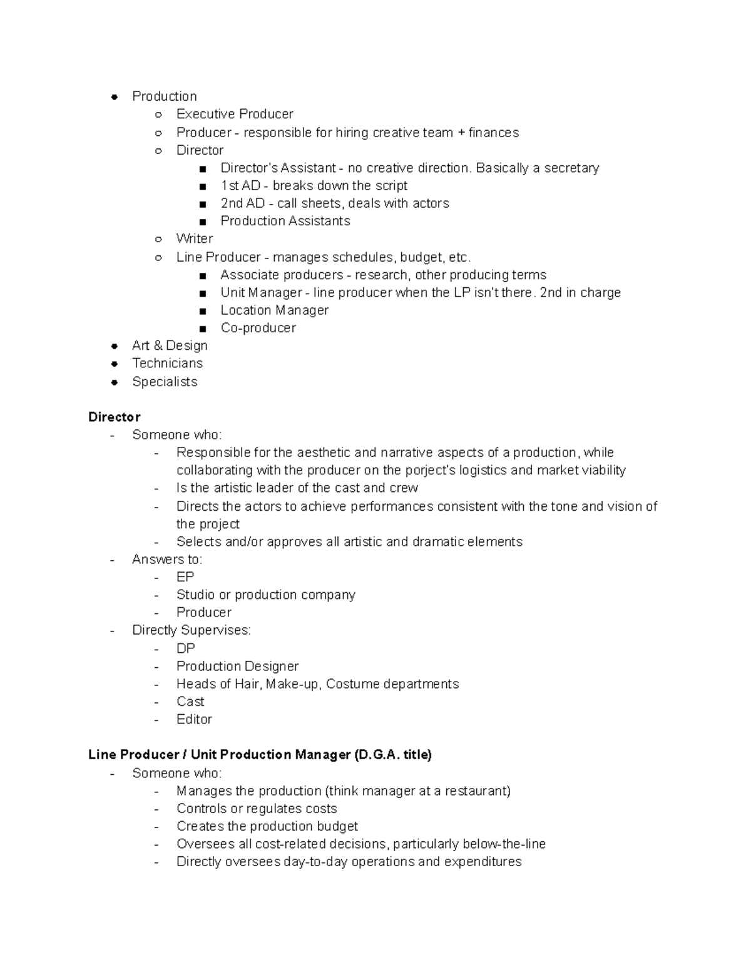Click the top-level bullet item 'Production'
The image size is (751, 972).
pos(164,96)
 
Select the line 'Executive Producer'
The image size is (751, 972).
pos(234,114)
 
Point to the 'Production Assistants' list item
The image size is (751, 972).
pos(285,221)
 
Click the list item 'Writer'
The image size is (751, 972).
pos(194,238)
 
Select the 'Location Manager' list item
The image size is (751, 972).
pos(274,310)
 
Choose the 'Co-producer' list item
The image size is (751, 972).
pos(258,328)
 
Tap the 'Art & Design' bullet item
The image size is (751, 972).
pos(170,345)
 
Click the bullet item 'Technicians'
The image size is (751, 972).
pos(167,363)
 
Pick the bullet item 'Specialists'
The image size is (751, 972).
pos(165,382)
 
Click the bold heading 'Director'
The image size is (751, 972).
pos(114,417)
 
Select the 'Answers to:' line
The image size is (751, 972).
pos(167,560)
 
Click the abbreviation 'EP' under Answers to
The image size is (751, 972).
pos(185,577)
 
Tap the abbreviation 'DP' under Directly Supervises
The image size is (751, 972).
pos(185,648)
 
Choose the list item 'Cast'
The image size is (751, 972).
pos(190,702)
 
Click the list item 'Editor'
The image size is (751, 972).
pos(194,719)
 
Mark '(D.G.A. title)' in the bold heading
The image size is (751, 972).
pos(392,755)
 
